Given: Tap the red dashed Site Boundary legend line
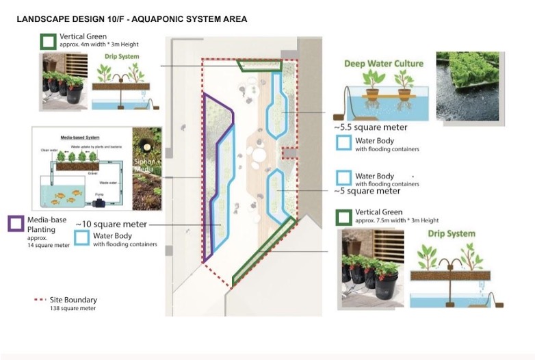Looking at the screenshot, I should [45, 300].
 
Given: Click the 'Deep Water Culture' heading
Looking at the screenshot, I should [383, 64].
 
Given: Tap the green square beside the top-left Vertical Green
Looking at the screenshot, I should [47, 41].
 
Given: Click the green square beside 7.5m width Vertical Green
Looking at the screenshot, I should [344, 218].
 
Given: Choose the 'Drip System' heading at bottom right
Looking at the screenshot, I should [451, 234].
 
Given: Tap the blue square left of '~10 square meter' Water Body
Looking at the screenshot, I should [82, 237].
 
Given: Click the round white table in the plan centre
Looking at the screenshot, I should [259, 155].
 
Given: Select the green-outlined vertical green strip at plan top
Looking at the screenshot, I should [260, 66].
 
